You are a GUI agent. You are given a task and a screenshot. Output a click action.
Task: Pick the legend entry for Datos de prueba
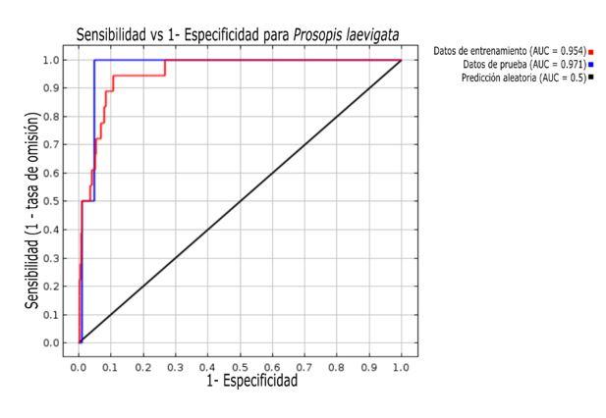click(x=521, y=63)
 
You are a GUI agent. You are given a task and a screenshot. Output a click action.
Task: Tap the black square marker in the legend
click(x=592, y=77)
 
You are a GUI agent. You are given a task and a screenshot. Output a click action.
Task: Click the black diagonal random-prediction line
click(x=241, y=201)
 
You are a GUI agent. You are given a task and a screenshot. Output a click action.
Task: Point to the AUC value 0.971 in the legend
click(x=571, y=63)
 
